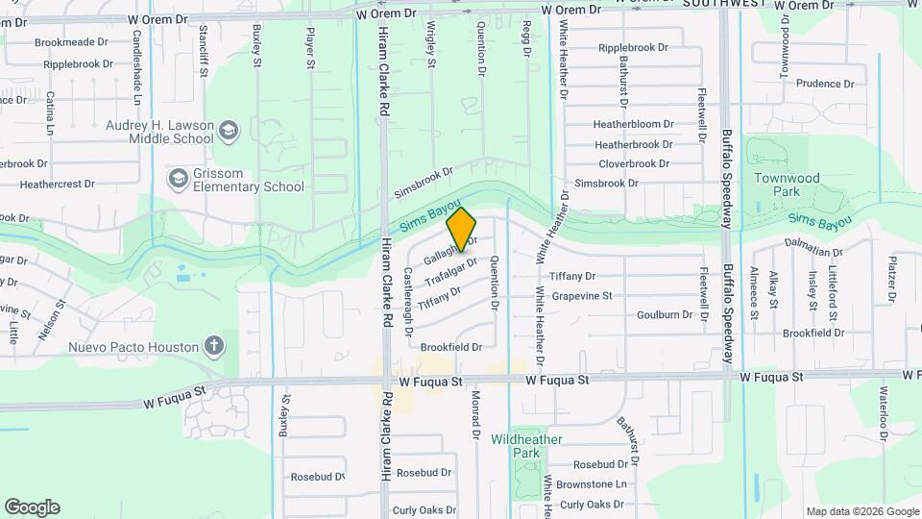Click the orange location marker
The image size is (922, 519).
461,228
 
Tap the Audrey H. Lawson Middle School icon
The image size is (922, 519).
228,130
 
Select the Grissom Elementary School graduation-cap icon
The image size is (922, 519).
178,179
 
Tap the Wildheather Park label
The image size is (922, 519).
526,446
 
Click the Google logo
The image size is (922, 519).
32,507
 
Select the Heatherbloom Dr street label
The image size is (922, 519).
633,125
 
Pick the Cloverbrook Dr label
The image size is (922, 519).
633,163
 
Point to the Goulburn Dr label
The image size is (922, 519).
664,315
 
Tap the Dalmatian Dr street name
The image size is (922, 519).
813,253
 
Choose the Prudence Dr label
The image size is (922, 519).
818,84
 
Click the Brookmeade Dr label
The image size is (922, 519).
71,43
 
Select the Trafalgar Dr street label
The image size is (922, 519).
450,270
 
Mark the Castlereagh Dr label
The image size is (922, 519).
408,300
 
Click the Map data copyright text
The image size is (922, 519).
861,511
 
